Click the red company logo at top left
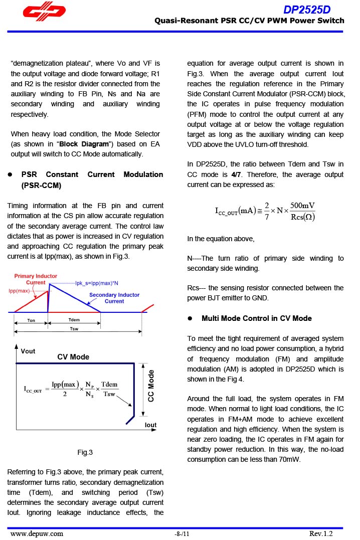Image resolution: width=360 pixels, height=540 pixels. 44,14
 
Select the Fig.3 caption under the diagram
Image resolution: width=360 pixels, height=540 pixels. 85,453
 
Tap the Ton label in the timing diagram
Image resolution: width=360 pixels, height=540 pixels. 31,320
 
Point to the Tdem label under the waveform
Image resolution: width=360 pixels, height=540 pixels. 74,320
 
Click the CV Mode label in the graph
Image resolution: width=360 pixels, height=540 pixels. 73,357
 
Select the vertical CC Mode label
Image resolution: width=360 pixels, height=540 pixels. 151,385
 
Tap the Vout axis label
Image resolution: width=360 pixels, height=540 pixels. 28,351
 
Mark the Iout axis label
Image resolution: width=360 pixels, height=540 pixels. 150,425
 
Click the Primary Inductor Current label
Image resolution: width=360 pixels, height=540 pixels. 36,279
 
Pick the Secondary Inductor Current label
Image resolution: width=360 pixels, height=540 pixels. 114,298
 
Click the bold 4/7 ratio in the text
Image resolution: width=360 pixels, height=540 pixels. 236,174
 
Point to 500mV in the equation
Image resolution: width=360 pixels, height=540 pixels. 302,206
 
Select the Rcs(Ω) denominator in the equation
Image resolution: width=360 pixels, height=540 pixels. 302,217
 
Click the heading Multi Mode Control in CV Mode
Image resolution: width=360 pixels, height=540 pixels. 256,318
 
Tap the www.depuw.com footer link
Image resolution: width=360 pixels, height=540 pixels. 37,533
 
